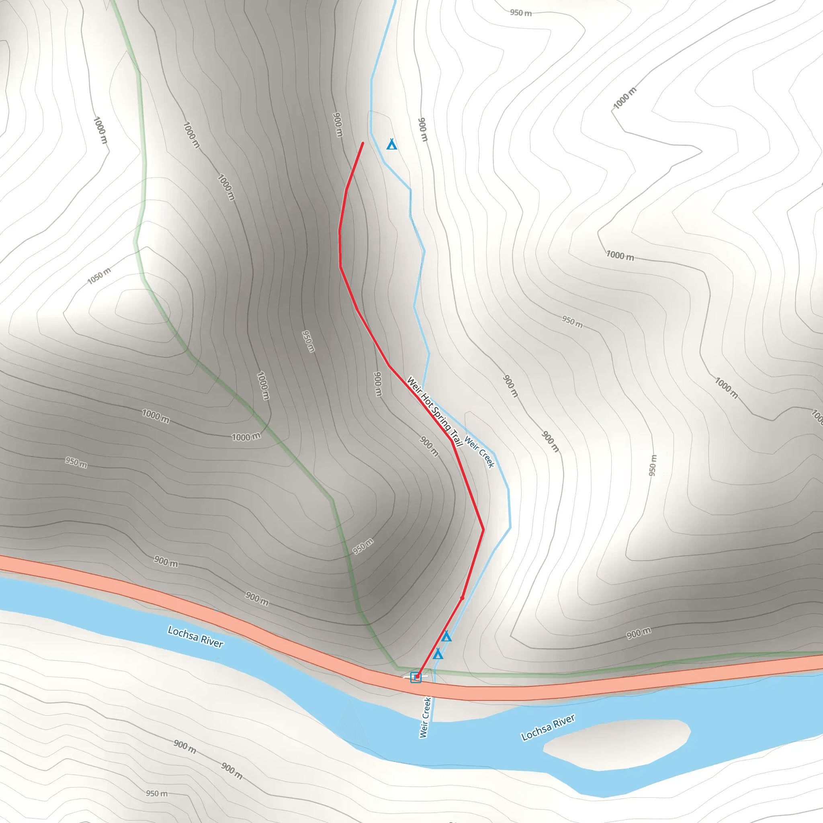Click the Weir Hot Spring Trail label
click(x=434, y=411)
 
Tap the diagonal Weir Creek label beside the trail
click(x=480, y=452)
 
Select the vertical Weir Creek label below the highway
click(x=425, y=717)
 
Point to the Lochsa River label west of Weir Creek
click(x=196, y=637)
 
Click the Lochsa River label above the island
click(x=548, y=728)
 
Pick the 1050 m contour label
click(x=99, y=276)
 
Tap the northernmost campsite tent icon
click(x=391, y=145)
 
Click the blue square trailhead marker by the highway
click(x=416, y=677)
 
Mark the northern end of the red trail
click(x=362, y=143)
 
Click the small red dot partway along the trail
click(x=462, y=598)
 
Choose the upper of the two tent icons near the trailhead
click(x=446, y=637)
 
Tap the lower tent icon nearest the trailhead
click(x=438, y=654)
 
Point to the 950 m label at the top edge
click(x=520, y=13)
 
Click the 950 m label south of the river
click(x=157, y=794)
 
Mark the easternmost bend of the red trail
click(x=483, y=530)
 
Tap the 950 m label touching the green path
click(x=363, y=546)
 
